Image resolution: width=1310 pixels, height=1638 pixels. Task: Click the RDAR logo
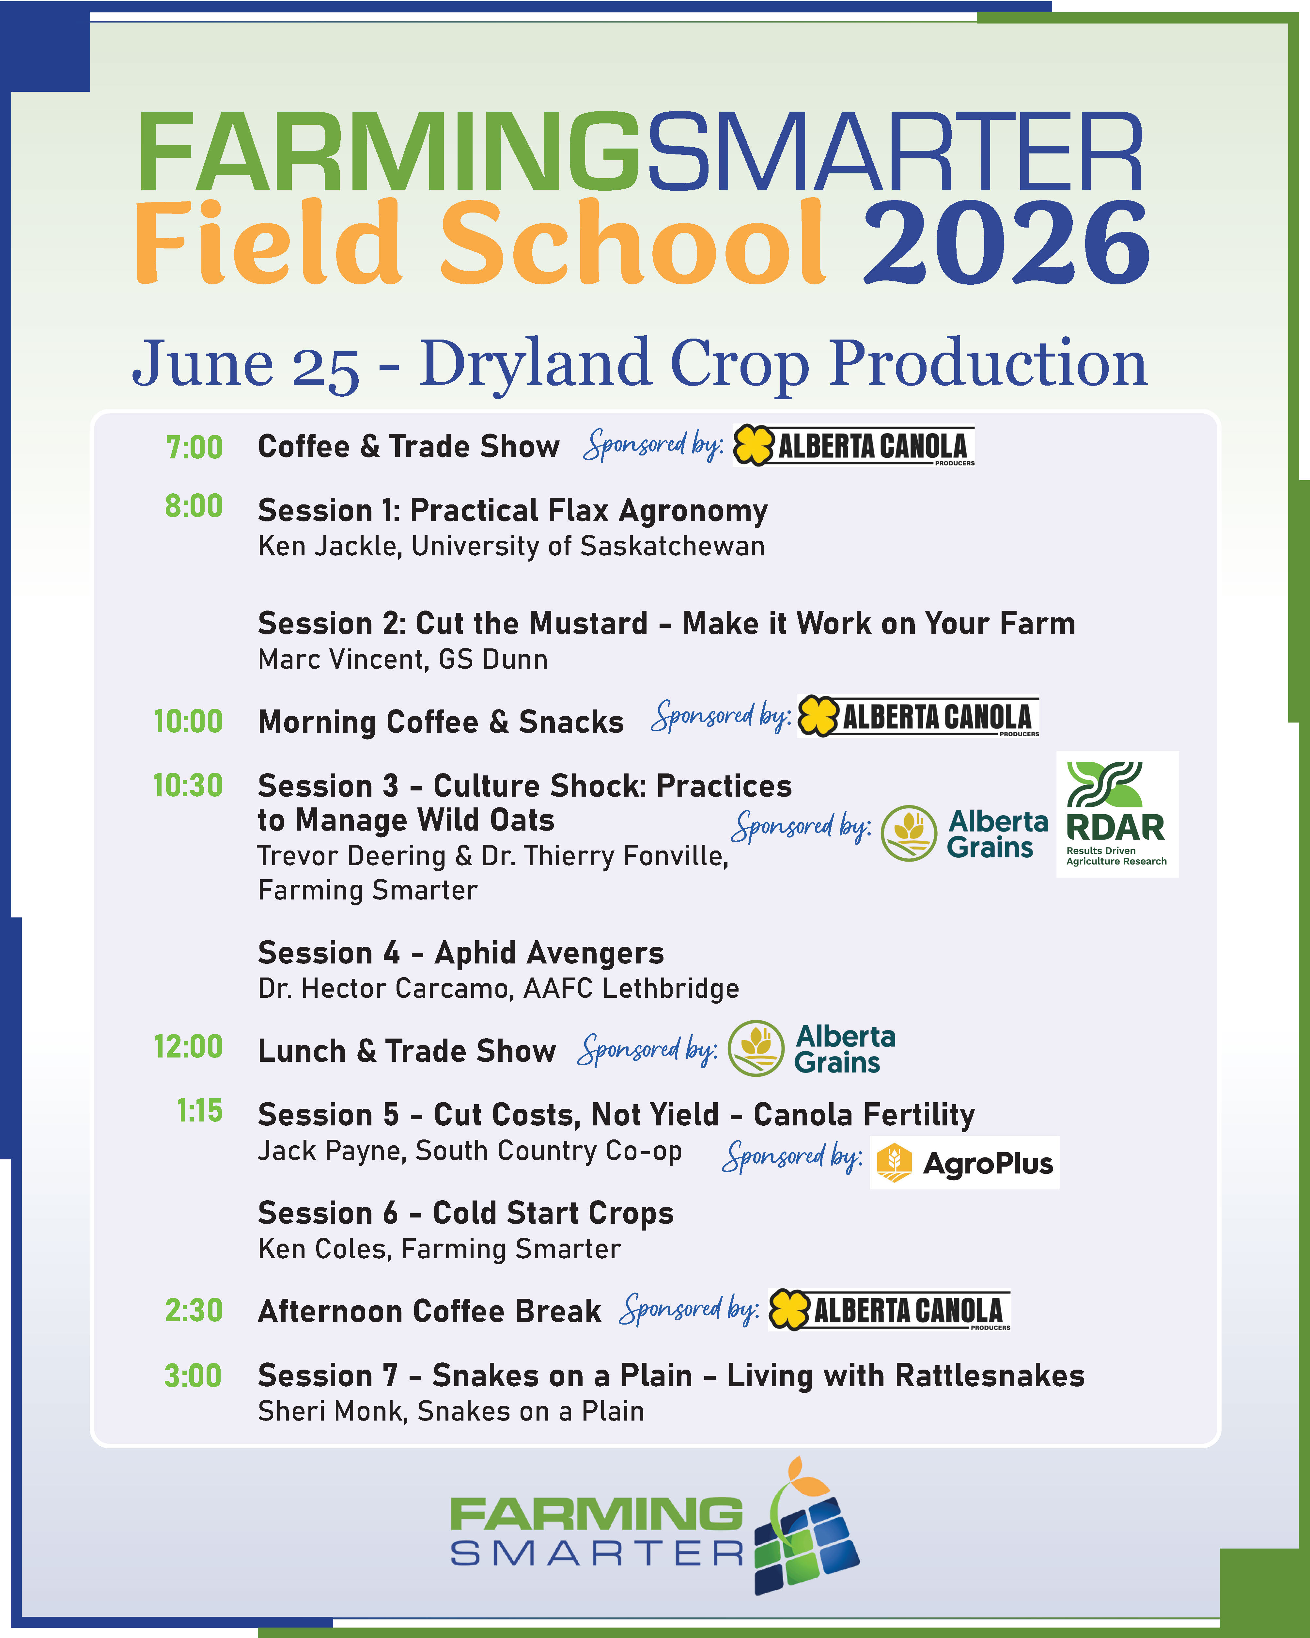(x=1117, y=815)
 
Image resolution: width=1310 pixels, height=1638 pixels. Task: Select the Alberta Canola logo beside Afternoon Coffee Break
(x=889, y=1311)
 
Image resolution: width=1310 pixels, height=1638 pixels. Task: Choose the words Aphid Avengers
(x=549, y=953)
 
